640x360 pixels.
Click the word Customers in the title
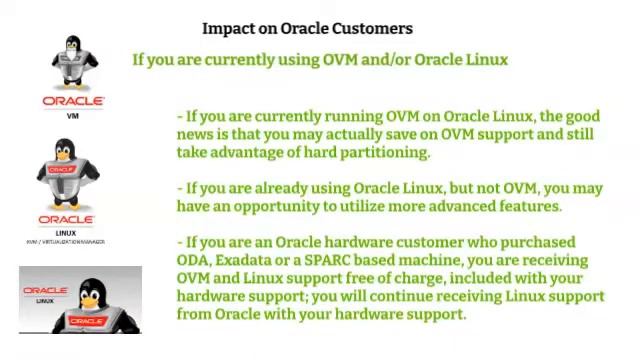coord(373,28)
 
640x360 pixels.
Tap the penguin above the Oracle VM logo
coord(74,63)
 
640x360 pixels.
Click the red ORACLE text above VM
coord(73,101)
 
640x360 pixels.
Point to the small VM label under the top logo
coord(72,115)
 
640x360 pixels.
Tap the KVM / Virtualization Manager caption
coord(65,242)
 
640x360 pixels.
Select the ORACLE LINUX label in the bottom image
coord(45,295)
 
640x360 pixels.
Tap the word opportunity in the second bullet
coord(289,206)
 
